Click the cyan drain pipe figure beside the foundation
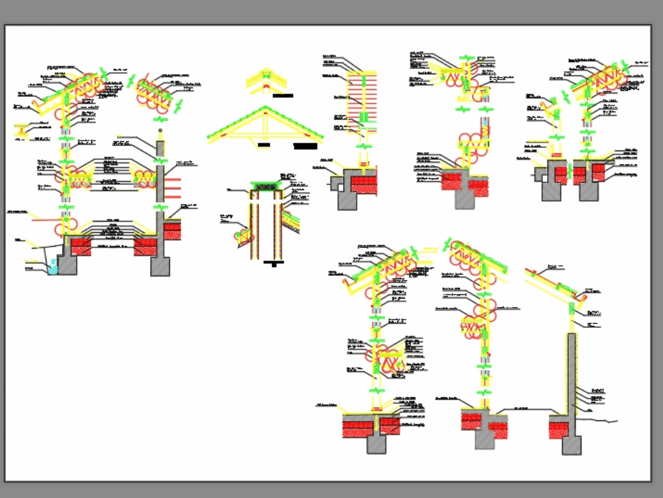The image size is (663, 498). point(53,268)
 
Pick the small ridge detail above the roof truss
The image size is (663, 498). point(265,80)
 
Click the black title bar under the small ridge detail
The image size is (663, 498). point(283,95)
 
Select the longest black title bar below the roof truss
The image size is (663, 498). point(306,145)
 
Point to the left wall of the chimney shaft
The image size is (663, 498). point(253,225)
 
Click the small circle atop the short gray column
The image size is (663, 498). point(160,131)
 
